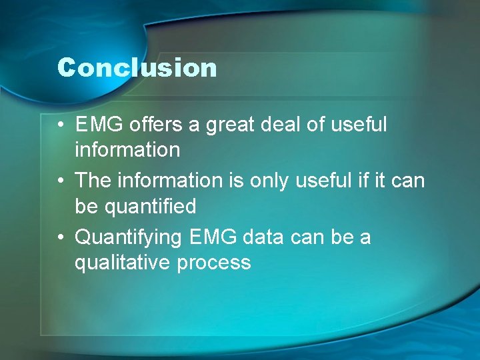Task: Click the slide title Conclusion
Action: pos(137,68)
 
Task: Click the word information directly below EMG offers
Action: pos(127,150)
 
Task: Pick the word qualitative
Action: pos(123,263)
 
